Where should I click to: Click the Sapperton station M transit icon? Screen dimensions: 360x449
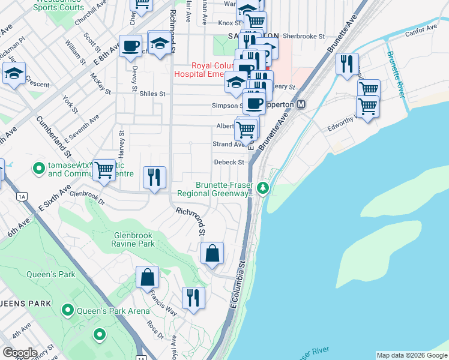(x=301, y=104)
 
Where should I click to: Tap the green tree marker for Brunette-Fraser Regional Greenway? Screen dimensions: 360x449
(x=263, y=189)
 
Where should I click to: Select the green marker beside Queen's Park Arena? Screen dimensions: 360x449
(x=68, y=311)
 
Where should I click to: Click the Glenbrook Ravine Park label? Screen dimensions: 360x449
(x=133, y=239)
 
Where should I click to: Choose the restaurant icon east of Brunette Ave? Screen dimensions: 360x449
(x=347, y=64)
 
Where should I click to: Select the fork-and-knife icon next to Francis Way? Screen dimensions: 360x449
(x=193, y=297)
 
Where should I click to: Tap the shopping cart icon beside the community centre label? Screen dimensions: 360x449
(x=104, y=170)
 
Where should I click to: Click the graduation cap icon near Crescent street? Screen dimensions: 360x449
(x=14, y=73)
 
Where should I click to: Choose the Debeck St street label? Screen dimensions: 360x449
(x=229, y=162)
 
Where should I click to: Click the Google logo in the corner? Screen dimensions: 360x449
(x=20, y=352)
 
